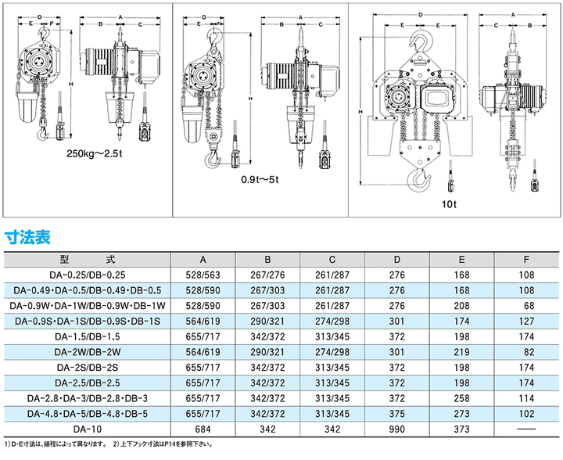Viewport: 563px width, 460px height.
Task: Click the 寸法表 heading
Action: point(28,235)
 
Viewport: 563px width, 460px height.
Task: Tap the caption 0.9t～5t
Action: point(260,178)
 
